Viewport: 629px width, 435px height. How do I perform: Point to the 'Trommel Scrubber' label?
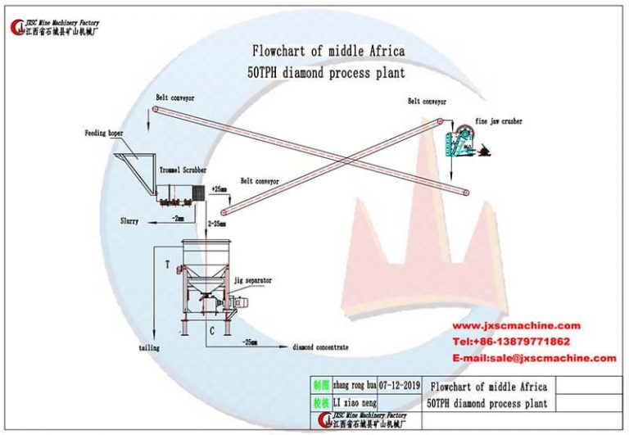tap(182, 171)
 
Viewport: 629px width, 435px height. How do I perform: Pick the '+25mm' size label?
tap(219, 189)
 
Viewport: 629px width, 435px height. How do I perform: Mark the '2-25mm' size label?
tap(218, 223)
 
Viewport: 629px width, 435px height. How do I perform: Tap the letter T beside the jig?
tap(167, 265)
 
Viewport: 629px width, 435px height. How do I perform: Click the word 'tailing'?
tap(148, 348)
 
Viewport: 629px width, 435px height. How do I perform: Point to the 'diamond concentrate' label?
tap(321, 347)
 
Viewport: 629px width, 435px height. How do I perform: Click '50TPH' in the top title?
tap(264, 72)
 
